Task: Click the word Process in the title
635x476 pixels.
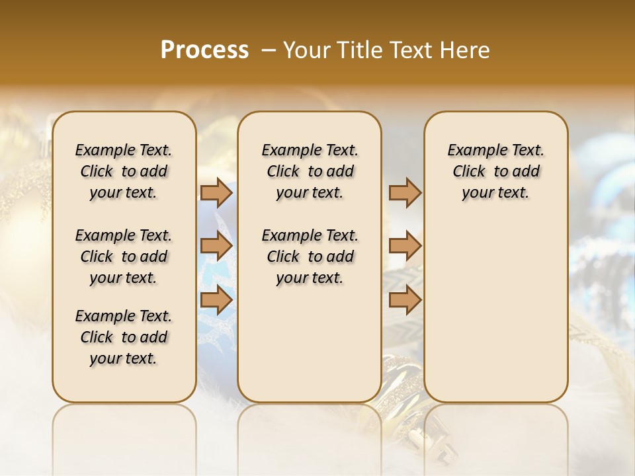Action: [204, 50]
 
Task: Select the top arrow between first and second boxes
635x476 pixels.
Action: [216, 193]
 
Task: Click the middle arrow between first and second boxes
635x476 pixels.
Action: [216, 247]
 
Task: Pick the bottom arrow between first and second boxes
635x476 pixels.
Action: [216, 300]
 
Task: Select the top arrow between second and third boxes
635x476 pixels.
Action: [405, 193]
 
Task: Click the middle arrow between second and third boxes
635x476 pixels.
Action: [405, 247]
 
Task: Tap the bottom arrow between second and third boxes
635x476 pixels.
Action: [405, 300]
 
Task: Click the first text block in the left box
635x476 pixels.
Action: [124, 171]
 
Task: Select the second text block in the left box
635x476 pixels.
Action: [124, 257]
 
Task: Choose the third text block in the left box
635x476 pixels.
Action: [124, 337]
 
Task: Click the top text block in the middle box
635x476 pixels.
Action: [310, 171]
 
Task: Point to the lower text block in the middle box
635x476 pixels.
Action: [310, 257]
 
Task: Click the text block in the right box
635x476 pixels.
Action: [496, 171]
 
